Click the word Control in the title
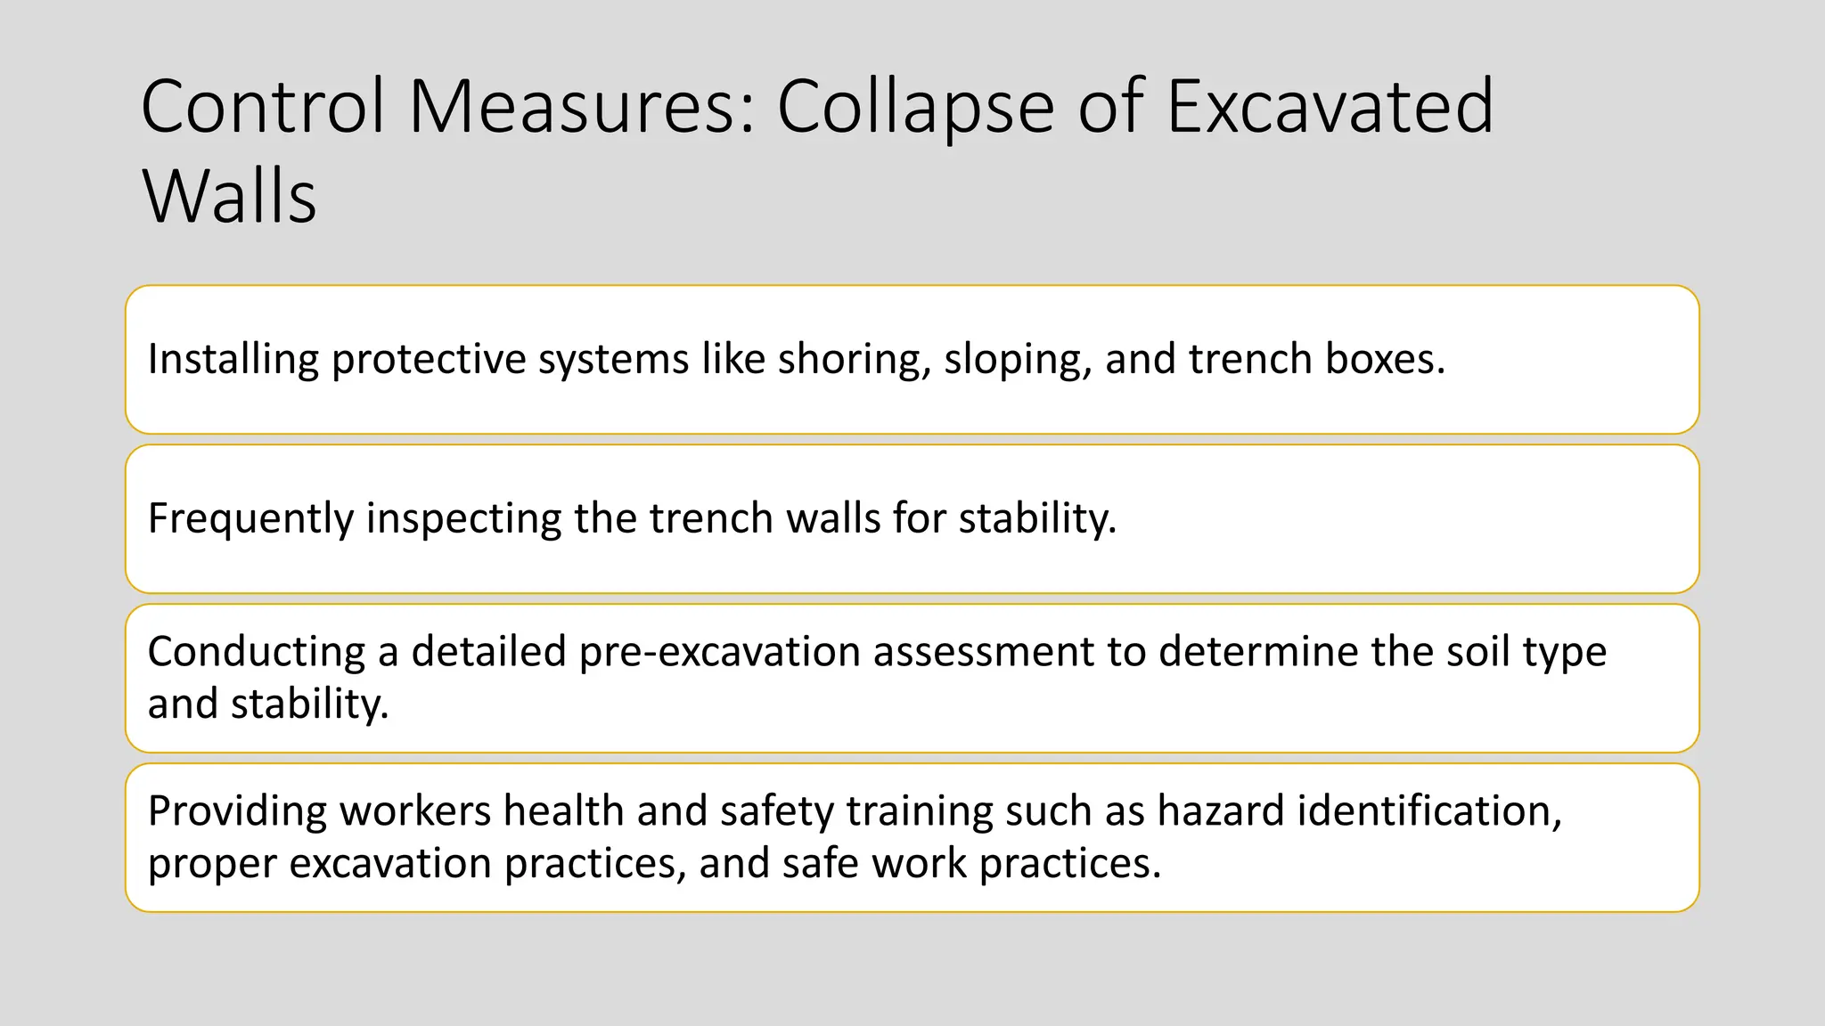(x=263, y=107)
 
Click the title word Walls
(x=229, y=196)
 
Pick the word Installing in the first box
(x=233, y=360)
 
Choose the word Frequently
(x=250, y=519)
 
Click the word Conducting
(x=257, y=652)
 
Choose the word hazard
(x=1220, y=811)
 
